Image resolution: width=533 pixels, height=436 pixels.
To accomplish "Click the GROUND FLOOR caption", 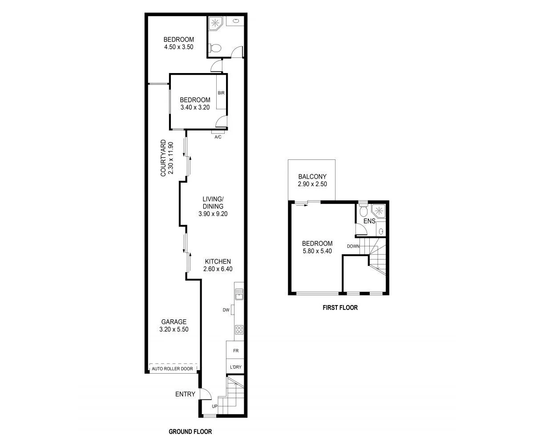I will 190,431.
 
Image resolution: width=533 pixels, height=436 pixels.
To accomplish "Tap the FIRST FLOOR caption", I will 340,307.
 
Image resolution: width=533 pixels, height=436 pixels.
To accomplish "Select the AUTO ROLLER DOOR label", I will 173,369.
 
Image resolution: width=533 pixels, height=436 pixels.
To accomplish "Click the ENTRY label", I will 185,394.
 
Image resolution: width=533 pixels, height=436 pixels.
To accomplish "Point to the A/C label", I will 218,137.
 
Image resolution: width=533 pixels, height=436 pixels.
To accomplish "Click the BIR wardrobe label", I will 221,93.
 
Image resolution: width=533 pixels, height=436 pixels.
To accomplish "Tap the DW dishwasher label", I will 226,310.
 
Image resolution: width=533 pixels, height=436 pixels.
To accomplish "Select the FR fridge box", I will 235,351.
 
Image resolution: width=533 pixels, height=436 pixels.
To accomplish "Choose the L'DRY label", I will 235,367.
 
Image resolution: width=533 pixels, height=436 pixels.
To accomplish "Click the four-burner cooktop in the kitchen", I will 239,330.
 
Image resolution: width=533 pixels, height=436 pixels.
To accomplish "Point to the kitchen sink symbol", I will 239,294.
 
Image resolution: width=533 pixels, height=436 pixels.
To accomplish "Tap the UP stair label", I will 214,407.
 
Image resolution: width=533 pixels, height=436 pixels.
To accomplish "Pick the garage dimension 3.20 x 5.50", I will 174,330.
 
